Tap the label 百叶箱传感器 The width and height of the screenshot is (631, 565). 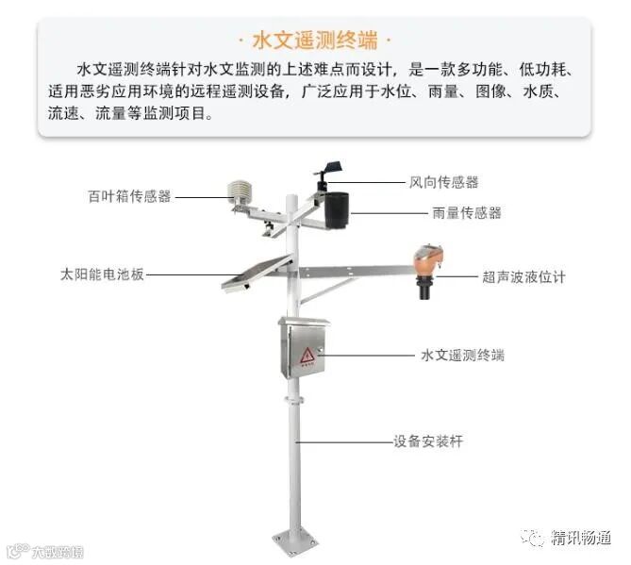pyautogui.click(x=129, y=196)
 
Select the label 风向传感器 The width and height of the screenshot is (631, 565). pyautogui.click(x=443, y=182)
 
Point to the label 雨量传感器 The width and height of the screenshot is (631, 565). pyautogui.click(x=467, y=213)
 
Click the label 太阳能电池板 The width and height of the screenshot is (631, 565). pyautogui.click(x=102, y=275)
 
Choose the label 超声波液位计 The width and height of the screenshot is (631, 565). pyautogui.click(x=524, y=277)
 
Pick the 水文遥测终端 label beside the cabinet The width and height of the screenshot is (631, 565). pyautogui.click(x=462, y=356)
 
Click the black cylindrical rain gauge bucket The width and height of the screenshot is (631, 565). pyautogui.click(x=337, y=209)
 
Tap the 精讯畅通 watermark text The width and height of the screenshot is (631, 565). pyautogui.click(x=581, y=538)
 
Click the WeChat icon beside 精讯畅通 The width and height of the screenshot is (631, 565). pyautogui.click(x=535, y=538)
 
